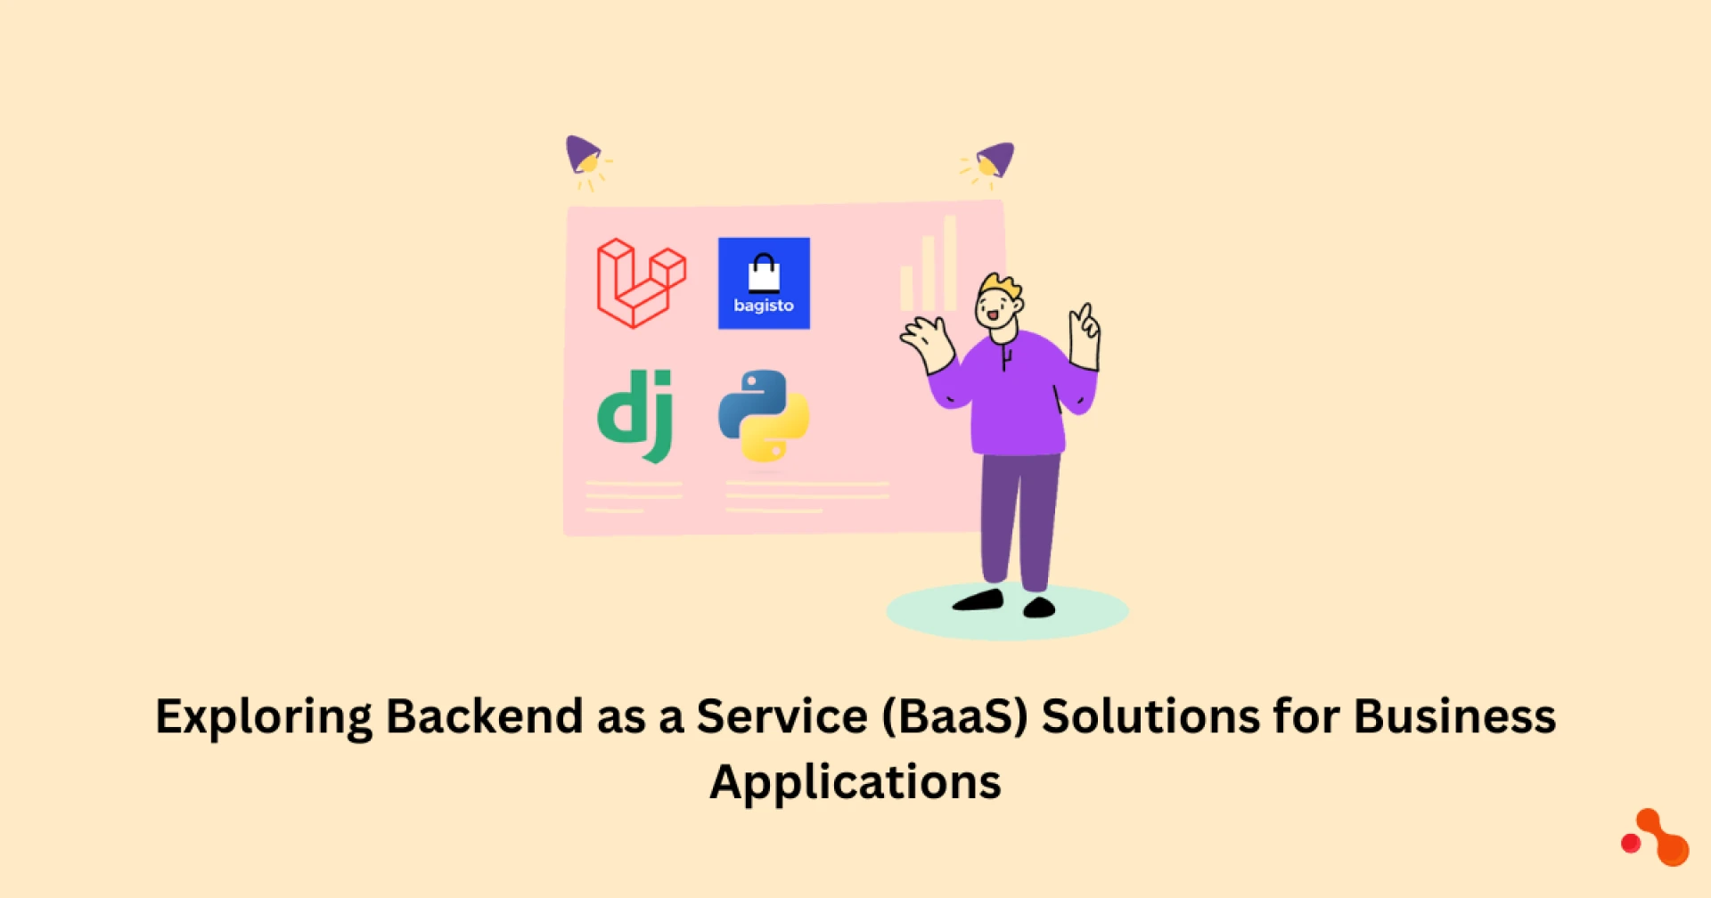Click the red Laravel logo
coord(641,283)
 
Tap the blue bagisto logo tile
coord(764,283)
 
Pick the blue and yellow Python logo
coord(764,416)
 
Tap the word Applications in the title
coord(855,783)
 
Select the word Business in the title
coord(1455,716)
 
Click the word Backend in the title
coord(485,716)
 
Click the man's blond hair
coord(1000,288)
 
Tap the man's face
coord(995,310)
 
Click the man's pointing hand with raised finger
coord(1085,336)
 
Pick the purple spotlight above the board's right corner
coord(995,160)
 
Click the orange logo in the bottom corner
coord(1656,838)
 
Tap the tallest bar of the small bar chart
coord(950,263)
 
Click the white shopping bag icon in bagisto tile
coord(764,273)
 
